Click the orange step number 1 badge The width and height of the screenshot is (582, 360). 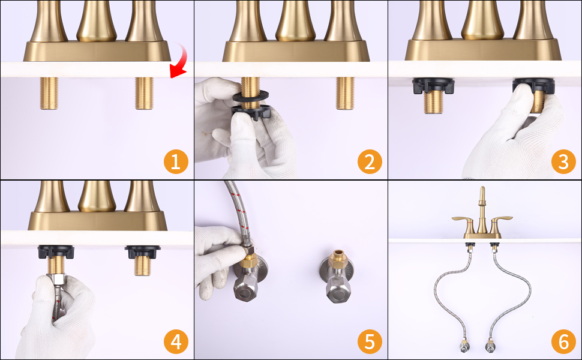[176, 161]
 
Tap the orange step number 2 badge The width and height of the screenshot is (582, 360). [370, 161]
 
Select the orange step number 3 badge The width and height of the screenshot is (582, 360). [563, 161]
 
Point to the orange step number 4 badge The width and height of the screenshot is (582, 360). [176, 341]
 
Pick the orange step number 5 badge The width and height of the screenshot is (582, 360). [370, 341]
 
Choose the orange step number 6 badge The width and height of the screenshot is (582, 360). [563, 341]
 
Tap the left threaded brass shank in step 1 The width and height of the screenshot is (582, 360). [49, 93]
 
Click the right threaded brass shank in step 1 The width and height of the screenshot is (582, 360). [144, 93]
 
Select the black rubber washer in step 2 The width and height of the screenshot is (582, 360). [251, 95]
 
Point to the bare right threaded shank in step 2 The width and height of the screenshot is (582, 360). [345, 93]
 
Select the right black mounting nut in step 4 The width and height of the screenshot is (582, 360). [143, 252]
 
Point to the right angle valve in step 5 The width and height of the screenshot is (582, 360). [336, 277]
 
